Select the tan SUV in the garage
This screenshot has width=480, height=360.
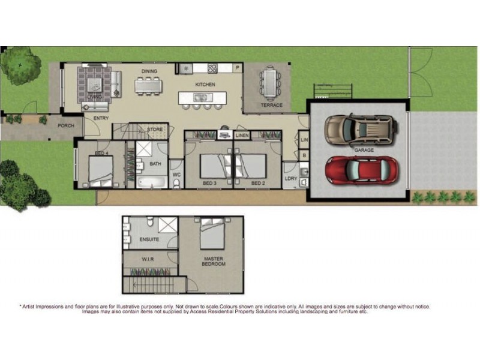tap(361, 128)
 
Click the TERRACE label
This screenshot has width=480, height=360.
tap(271, 105)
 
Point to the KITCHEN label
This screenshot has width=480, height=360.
tap(205, 85)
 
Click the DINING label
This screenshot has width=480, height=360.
tap(149, 71)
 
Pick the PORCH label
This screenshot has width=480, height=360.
tap(65, 126)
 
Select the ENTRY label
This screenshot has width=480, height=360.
tap(101, 118)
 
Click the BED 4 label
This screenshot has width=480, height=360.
tap(101, 154)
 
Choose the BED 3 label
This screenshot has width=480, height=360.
tap(208, 182)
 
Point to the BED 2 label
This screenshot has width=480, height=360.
tap(257, 182)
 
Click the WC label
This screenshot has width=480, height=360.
tap(176, 175)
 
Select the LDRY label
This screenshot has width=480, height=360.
tap(290, 178)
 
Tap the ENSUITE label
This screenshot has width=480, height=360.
tap(149, 239)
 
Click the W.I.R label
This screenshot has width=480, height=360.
tap(149, 260)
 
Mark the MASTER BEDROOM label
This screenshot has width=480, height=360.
tap(212, 261)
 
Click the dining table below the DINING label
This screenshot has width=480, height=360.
tap(149, 86)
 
